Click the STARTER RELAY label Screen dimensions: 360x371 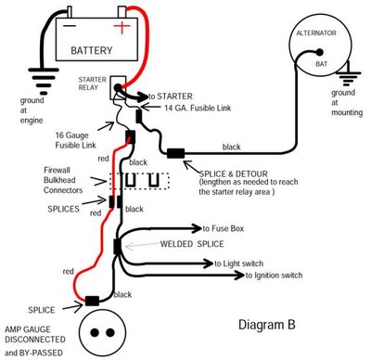click(93, 85)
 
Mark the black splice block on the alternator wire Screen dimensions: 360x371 click(176, 152)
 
